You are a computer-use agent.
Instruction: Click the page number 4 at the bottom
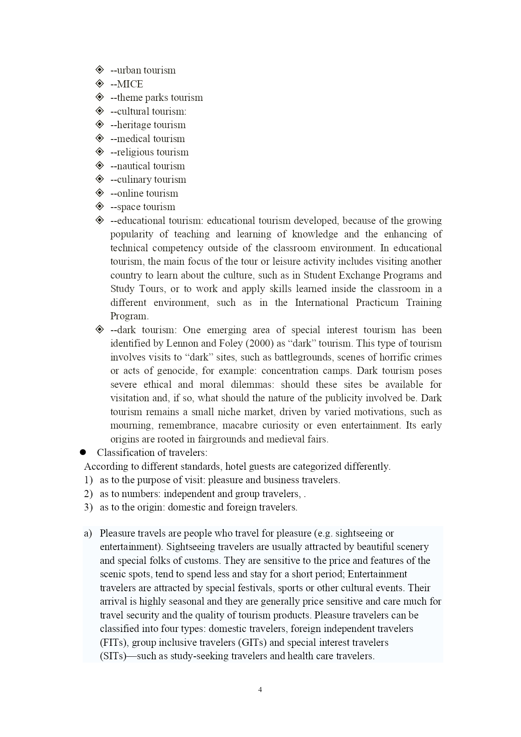(260, 690)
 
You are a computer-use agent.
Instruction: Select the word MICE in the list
(130, 84)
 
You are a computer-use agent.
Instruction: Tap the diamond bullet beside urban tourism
(99, 70)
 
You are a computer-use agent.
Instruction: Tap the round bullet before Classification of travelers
(83, 453)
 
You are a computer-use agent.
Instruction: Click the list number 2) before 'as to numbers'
(88, 494)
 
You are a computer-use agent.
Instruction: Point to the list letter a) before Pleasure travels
(88, 533)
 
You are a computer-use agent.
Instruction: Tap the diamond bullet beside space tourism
(99, 206)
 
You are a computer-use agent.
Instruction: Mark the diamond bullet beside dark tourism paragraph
(99, 329)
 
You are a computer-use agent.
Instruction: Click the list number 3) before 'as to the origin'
(88, 507)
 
